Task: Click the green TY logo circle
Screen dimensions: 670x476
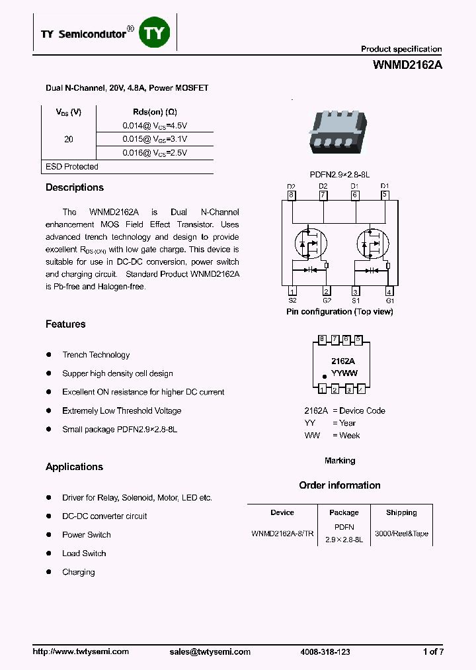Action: tap(153, 33)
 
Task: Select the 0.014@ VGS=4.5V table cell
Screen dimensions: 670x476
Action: tap(155, 124)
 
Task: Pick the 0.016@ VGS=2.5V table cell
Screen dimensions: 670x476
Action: tap(155, 152)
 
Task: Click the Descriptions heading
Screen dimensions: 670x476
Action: tap(75, 187)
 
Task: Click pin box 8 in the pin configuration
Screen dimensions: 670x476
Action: tap(292, 195)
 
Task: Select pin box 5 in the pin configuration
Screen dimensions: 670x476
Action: tap(385, 195)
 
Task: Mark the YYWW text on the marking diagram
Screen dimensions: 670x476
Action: tap(344, 373)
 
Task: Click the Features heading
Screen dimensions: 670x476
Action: tap(65, 324)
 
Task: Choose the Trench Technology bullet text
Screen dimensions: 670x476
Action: tap(96, 355)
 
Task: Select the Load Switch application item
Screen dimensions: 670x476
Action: tap(84, 553)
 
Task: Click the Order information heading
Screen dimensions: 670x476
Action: tap(340, 485)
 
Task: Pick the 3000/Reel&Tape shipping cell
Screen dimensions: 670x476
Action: tap(401, 534)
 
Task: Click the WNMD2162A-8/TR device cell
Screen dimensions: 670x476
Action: tap(283, 534)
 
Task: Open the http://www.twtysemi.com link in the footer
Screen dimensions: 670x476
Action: tap(81, 651)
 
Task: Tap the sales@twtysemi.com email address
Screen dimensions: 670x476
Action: tap(210, 651)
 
